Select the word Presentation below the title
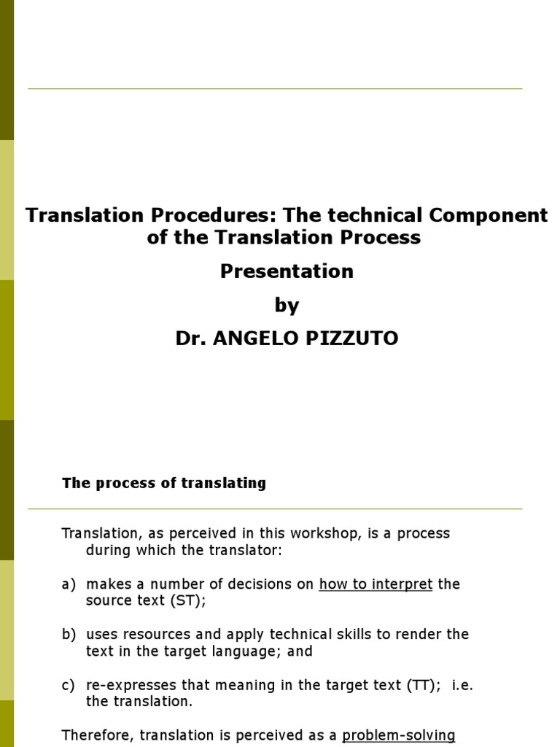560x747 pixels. tap(287, 271)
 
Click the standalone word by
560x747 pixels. tap(287, 306)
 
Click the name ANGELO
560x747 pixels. tap(254, 339)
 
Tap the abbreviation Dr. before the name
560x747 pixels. tap(191, 339)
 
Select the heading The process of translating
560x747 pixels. tap(164, 483)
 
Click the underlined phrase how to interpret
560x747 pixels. tap(376, 584)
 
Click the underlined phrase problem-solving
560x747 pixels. tap(399, 735)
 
